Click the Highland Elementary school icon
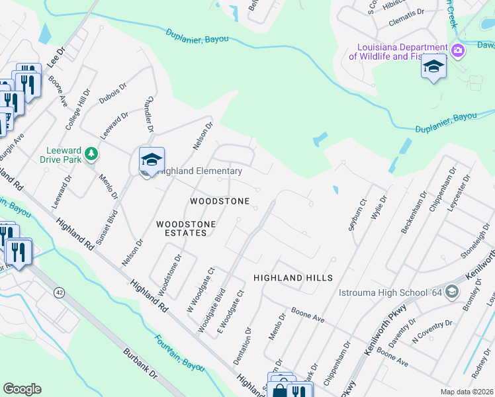pyautogui.click(x=152, y=159)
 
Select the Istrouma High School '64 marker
pyautogui.click(x=452, y=292)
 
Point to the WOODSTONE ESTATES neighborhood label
pyautogui.click(x=186, y=229)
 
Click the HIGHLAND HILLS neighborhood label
pyautogui.click(x=293, y=278)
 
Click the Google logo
pyautogui.click(x=22, y=389)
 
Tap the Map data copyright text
pyautogui.click(x=467, y=392)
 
